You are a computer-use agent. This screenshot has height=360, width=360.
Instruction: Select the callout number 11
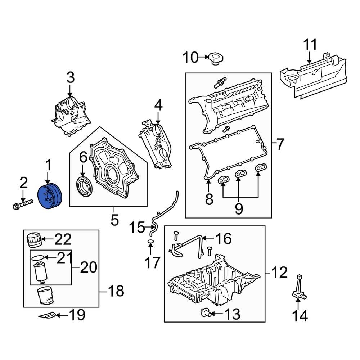[310, 45]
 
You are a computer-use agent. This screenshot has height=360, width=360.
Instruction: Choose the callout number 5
[114, 220]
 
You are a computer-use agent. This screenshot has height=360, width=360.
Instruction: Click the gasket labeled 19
[48, 316]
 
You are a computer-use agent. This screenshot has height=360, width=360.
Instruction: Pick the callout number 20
[88, 267]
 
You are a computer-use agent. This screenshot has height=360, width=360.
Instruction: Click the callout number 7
[281, 145]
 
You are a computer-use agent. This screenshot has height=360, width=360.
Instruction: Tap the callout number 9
[239, 209]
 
